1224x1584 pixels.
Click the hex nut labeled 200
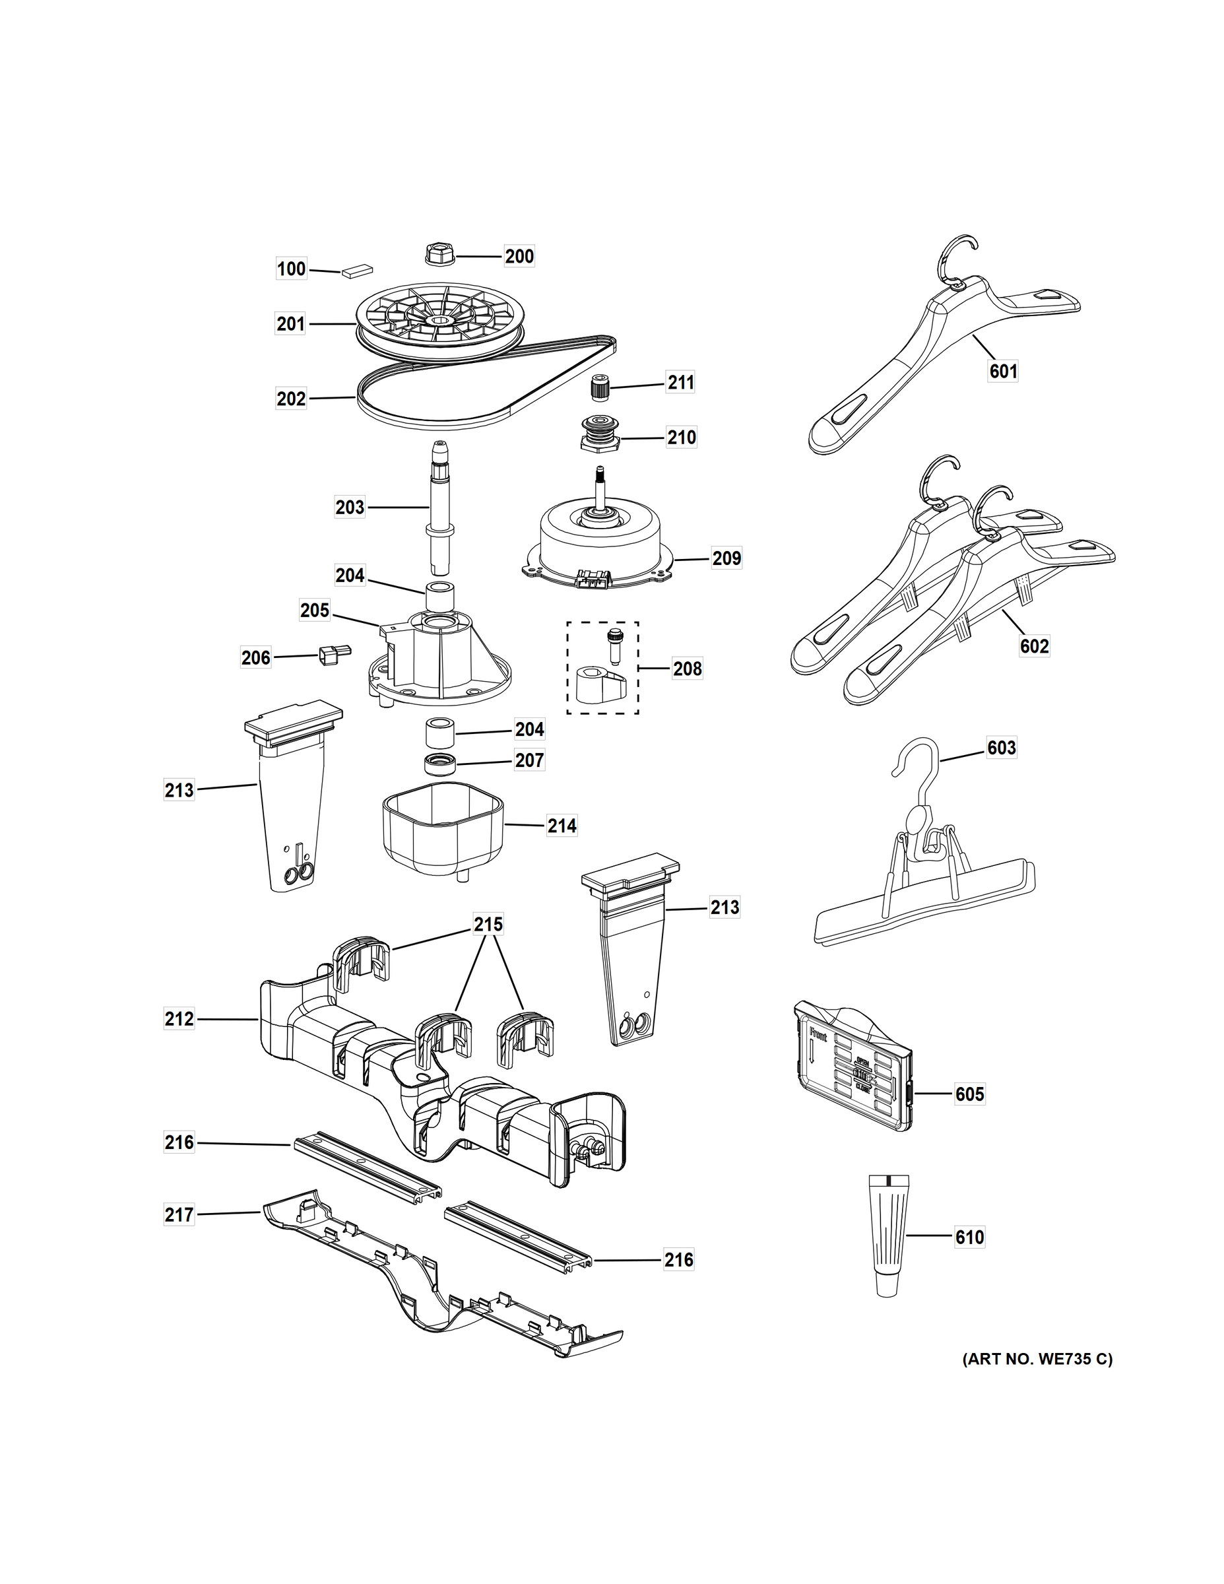[438, 255]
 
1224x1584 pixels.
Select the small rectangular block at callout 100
[357, 271]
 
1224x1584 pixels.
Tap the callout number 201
[291, 324]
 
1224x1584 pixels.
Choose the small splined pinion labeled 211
[600, 387]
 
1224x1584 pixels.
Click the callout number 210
[681, 438]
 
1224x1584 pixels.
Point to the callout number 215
[488, 925]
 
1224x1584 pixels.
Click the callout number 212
[179, 1019]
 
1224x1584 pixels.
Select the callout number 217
[179, 1215]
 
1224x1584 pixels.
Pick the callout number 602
[1034, 646]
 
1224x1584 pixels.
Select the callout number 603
[1002, 748]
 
